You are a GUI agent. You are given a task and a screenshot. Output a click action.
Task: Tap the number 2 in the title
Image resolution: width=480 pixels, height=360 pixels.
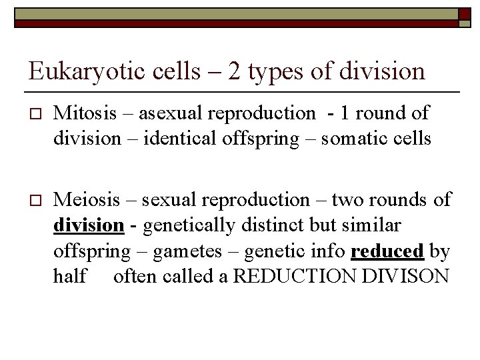235,71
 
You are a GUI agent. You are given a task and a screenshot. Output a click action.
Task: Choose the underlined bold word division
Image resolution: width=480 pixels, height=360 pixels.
88,225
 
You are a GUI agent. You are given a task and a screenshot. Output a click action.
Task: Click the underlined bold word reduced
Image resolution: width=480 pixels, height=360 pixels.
387,251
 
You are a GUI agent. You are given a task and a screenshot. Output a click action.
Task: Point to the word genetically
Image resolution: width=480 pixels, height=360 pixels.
188,225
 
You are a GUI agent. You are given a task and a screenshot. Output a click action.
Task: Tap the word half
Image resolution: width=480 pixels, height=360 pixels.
69,275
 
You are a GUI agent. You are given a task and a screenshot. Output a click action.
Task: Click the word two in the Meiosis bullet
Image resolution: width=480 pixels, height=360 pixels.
348,199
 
